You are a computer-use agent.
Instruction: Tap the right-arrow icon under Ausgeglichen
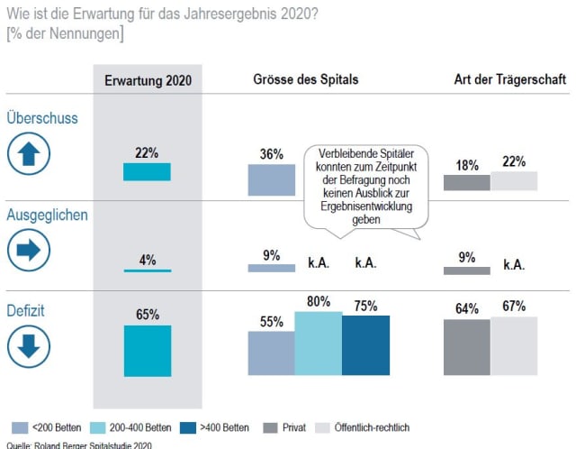[29, 250]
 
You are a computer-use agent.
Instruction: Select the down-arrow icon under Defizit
[29, 345]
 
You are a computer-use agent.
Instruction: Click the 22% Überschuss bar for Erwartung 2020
[147, 171]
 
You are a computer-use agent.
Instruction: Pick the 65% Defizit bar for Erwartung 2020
[147, 351]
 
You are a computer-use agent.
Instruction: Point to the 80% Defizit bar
[318, 344]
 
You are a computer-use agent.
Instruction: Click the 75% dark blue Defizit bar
[365, 345]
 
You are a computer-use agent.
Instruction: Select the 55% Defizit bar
[271, 353]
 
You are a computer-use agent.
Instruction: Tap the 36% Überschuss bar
[271, 179]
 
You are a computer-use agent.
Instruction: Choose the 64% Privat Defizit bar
[467, 347]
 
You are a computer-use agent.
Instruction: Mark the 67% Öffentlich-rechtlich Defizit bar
[514, 346]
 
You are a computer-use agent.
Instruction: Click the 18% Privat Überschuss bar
[467, 183]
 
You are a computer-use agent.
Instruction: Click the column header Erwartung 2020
[148, 80]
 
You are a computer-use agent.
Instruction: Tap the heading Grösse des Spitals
[305, 79]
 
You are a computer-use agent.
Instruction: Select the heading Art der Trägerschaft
[510, 79]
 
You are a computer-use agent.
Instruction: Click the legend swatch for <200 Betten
[21, 426]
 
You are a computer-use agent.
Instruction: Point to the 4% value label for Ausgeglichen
[148, 261]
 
